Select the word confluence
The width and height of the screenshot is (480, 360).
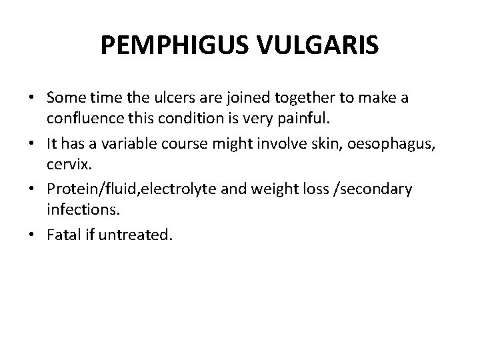coord(83,118)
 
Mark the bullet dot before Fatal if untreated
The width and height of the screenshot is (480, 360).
coord(31,235)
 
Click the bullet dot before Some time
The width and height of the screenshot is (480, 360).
coord(31,99)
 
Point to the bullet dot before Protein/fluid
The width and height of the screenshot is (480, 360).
coord(31,189)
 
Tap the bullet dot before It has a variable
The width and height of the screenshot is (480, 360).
coord(31,144)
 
